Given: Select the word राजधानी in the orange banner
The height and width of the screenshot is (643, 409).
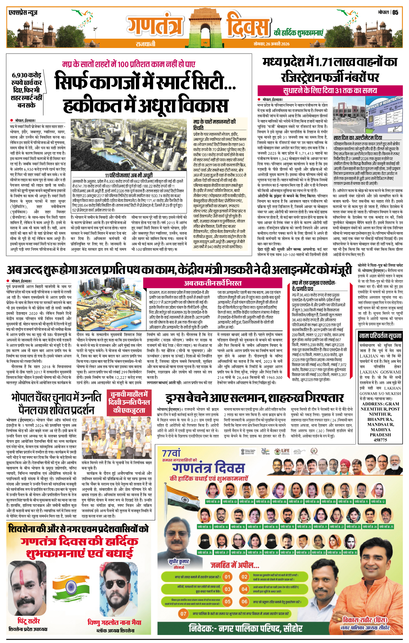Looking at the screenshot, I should [x=145, y=44].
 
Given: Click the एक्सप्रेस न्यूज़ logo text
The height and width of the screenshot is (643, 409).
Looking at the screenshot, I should [x=23, y=13].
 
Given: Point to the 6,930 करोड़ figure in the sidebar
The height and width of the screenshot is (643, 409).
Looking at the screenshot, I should [x=27, y=75].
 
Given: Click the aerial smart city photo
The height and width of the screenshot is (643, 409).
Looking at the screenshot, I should [x=128, y=146].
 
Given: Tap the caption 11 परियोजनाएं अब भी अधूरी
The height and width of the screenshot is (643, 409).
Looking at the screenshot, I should [x=129, y=175].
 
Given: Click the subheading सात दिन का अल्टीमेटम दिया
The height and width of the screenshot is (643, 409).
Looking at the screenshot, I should [x=358, y=138].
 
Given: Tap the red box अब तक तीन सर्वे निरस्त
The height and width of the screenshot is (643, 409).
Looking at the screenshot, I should [x=213, y=283].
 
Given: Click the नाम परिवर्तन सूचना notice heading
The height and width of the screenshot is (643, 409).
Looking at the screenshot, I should [x=380, y=336].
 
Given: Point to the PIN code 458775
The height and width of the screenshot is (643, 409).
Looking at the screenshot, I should [x=380, y=440].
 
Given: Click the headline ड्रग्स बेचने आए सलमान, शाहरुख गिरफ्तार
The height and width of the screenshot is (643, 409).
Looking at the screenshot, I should [x=255, y=398].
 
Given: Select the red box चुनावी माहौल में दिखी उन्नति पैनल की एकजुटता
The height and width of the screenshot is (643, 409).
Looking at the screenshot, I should [x=129, y=402].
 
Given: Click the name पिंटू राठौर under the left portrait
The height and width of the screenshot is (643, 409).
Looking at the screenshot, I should [x=29, y=621].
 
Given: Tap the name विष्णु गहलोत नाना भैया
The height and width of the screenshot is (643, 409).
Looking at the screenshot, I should [x=114, y=622].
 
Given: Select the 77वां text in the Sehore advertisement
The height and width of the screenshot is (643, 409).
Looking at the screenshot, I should [x=171, y=453].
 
